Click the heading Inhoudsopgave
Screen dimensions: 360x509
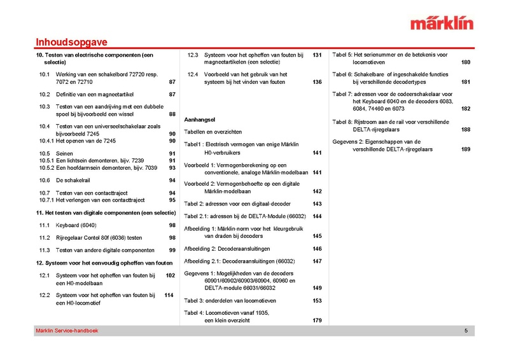pos(71,43)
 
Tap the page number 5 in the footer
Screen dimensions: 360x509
pos(466,331)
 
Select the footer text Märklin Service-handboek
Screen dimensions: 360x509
pos(67,331)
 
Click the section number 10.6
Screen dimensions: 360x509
pos(45,181)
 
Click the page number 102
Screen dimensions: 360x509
pos(170,275)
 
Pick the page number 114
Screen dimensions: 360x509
pos(169,295)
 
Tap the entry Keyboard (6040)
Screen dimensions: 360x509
pos(76,225)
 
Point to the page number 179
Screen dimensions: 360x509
pos(317,320)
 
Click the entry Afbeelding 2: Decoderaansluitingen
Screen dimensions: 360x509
pos(227,248)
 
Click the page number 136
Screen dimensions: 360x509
pos(317,82)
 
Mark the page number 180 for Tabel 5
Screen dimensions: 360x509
pos(466,62)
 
